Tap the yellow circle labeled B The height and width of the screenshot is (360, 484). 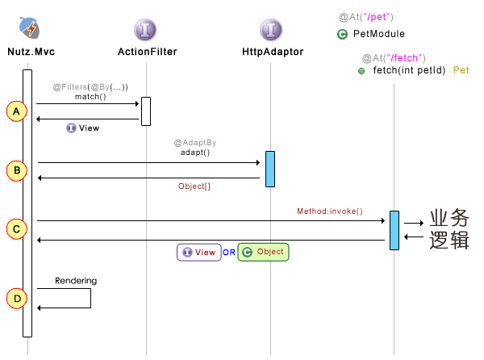click(16, 170)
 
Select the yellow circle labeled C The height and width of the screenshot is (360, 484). click(16, 229)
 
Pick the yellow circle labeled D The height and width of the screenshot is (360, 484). click(16, 298)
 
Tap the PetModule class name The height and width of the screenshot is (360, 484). click(379, 34)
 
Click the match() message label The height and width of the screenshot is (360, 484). click(90, 97)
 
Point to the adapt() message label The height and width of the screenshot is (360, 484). click(195, 151)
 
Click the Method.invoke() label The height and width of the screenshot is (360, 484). click(330, 211)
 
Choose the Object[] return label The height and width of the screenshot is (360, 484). click(194, 186)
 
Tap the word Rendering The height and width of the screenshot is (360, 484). click(76, 281)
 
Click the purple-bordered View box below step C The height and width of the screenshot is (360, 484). click(198, 252)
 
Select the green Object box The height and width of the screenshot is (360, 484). click(264, 252)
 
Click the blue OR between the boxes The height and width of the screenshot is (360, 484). click(229, 252)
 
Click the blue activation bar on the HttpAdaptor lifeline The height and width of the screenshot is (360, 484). click(270, 169)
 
